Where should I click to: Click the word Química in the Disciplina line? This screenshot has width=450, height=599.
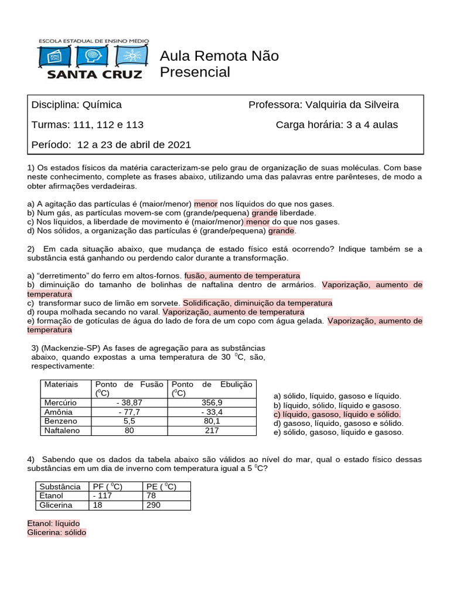click(103, 105)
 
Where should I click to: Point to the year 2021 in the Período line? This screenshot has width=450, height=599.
click(179, 144)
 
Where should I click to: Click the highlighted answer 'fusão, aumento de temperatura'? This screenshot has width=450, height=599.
click(242, 276)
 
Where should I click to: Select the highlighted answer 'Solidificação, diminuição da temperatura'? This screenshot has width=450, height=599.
click(258, 303)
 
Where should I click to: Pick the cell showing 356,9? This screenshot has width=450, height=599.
click(212, 402)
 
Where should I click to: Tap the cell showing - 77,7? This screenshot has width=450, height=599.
click(129, 412)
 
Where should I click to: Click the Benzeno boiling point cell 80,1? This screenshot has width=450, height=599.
click(212, 421)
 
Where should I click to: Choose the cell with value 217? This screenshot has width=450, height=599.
click(212, 431)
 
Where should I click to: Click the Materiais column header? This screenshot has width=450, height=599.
click(61, 384)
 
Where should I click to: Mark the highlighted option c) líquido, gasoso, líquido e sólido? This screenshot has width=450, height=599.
click(337, 414)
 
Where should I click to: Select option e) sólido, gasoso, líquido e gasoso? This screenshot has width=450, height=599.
click(338, 432)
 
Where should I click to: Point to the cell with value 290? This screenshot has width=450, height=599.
click(154, 505)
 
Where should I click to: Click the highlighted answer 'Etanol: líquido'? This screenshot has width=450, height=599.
click(53, 523)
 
